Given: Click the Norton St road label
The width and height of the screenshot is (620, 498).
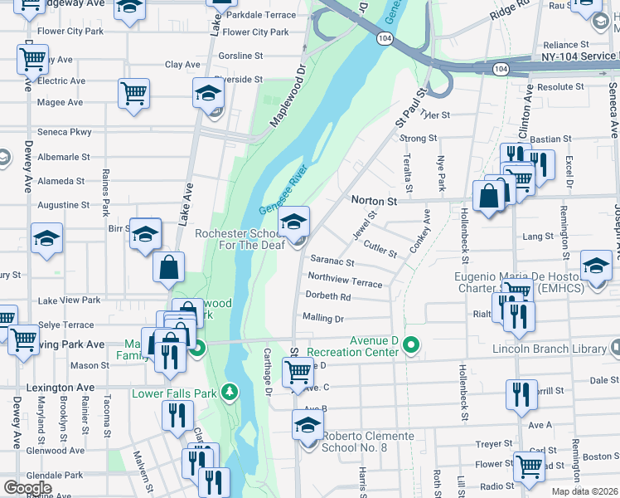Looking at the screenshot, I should pos(375,201).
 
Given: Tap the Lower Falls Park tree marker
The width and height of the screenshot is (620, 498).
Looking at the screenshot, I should pos(235,391).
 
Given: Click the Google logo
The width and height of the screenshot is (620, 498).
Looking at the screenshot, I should pos(27,488).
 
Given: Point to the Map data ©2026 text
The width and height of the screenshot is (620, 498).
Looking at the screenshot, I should pos(584,491).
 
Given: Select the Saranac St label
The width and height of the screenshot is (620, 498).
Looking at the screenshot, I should pos(332,262).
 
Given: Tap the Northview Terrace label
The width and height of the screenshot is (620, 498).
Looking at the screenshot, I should pos(345,283).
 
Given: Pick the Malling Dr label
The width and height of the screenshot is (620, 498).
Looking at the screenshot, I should pos(323,318).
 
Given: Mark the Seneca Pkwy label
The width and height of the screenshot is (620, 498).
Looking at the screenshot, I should pos(65,132).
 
